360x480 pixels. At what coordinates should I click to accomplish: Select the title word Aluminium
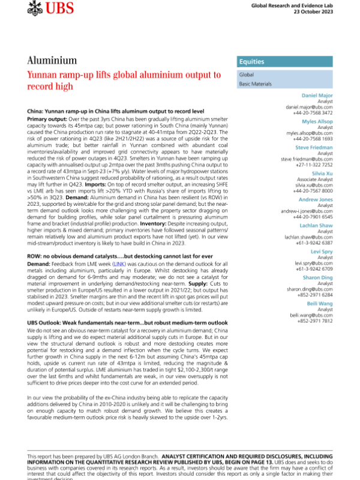pyautogui.click(x=51, y=61)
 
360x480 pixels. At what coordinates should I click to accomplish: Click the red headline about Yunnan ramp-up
pyautogui.click(x=124, y=80)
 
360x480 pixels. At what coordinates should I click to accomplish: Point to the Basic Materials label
pyautogui.click(x=256, y=85)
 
